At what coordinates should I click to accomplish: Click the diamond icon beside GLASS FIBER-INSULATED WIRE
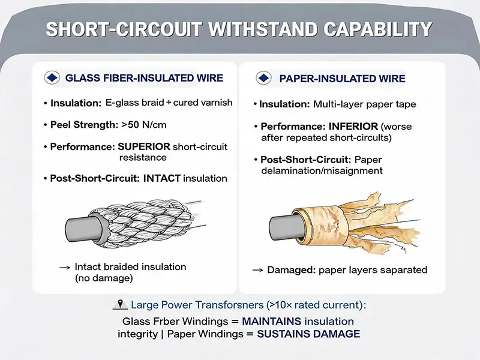pos(52,78)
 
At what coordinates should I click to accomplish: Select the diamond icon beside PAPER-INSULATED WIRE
pos(263,78)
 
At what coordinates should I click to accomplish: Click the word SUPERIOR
pos(144,146)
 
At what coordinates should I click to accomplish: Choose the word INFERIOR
pos(353,127)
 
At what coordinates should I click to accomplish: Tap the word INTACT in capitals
pos(161,178)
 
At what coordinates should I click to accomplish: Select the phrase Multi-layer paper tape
pos(365,104)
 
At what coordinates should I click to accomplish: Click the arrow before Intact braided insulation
pos(65,268)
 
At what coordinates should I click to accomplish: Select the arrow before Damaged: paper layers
pos(257,270)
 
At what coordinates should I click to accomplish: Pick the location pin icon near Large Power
pos(121,304)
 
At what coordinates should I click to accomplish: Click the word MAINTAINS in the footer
pos(272,322)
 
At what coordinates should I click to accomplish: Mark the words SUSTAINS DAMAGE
pos(308,334)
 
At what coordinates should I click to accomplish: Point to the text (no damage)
pos(104,278)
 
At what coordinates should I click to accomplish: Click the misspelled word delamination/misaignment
pos(322,171)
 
